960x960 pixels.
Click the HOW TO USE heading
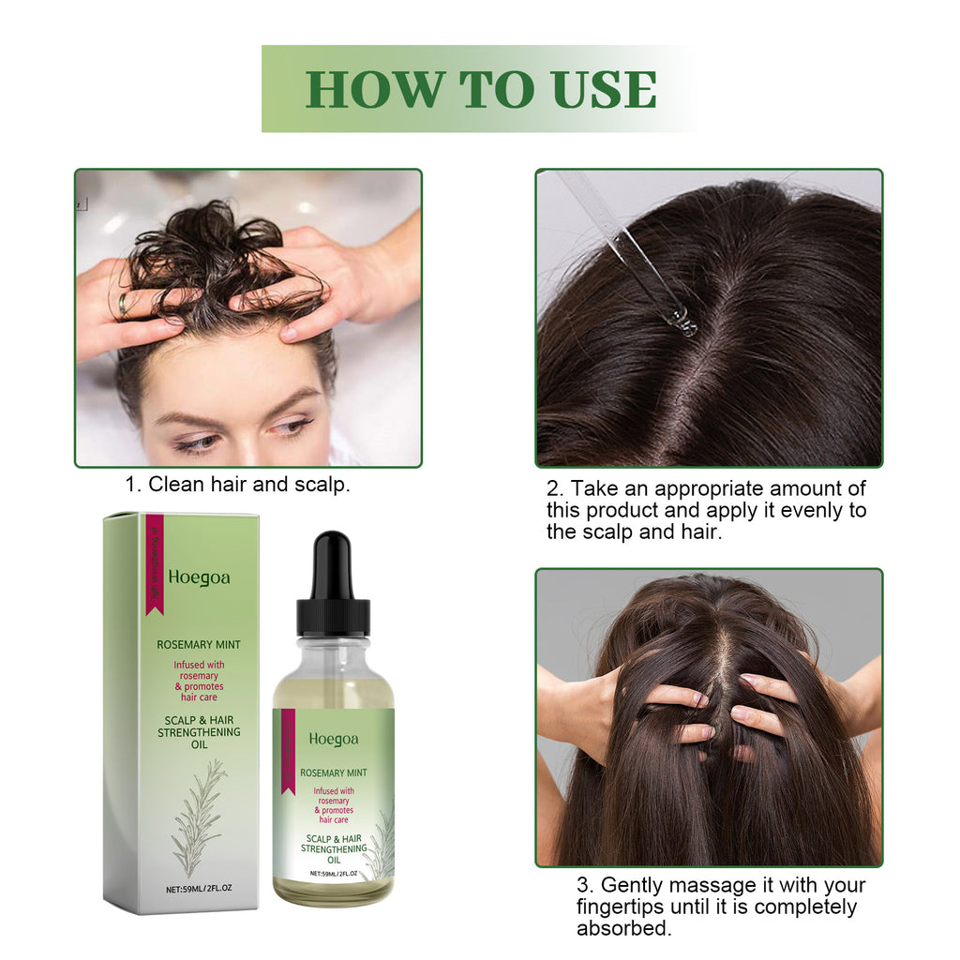480,89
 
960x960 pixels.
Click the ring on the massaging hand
123,304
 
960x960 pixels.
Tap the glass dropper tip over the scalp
683,321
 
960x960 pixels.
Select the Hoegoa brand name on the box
199,577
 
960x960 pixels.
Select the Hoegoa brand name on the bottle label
334,739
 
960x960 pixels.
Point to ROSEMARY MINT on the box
198,644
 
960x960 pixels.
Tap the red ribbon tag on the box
155,562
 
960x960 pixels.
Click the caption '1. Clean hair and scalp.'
238,486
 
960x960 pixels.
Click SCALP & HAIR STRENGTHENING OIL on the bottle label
334,847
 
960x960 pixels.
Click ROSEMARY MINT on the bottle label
334,773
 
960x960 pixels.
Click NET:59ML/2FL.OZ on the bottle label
334,873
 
